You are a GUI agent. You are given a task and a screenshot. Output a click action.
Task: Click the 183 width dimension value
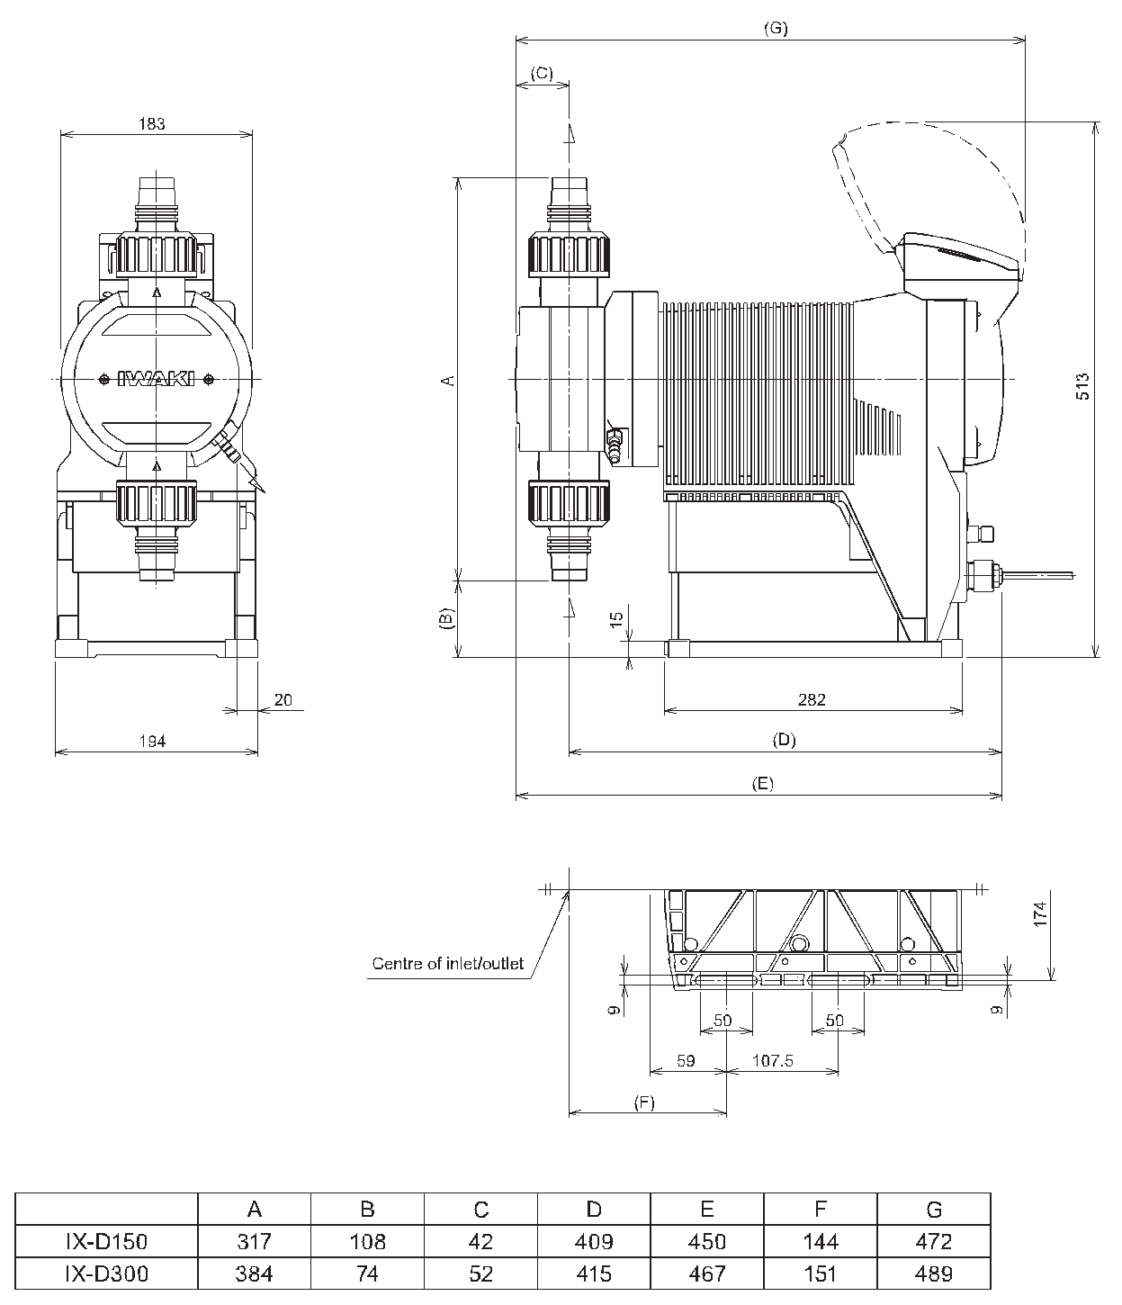point(152,123)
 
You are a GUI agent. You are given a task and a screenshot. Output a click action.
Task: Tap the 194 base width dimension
point(152,741)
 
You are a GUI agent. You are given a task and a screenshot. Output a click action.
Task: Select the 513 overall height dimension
point(1082,386)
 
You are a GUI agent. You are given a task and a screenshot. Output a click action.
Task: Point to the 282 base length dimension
point(812,699)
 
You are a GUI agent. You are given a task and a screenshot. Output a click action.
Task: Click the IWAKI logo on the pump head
point(156,379)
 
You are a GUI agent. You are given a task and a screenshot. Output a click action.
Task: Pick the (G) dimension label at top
point(776,29)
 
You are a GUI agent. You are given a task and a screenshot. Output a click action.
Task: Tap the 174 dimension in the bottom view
point(1041,913)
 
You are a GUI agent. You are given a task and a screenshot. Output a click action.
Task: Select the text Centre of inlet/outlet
point(447,963)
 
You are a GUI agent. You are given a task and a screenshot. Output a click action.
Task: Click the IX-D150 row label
point(106,1241)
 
